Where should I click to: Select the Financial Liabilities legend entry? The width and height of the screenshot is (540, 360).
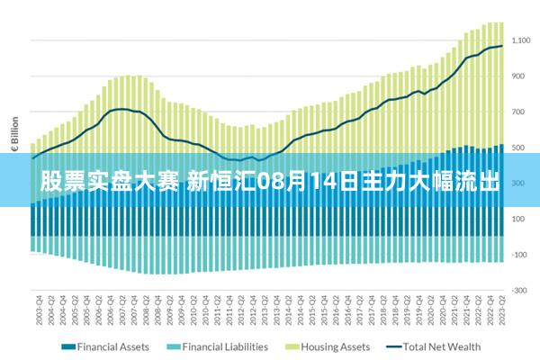coord(225,346)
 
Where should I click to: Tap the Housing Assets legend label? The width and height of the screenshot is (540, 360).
coord(335,346)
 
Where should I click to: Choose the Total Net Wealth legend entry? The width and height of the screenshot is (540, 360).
coord(442,346)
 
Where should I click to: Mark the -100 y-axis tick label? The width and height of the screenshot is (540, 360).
coord(519,255)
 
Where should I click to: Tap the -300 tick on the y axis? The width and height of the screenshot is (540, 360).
coord(519,291)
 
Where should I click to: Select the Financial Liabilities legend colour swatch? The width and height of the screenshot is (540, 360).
coord(173,346)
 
